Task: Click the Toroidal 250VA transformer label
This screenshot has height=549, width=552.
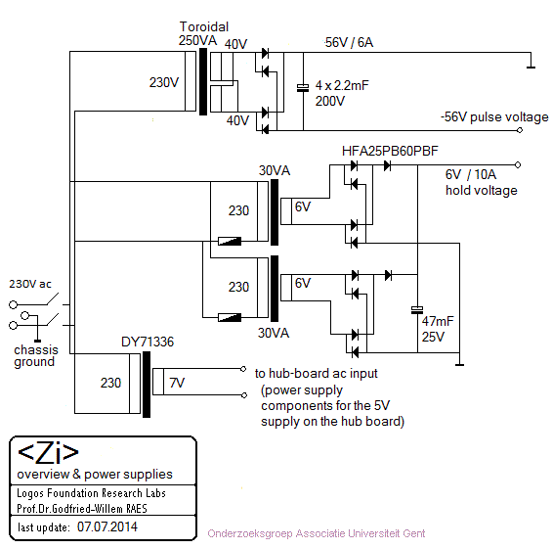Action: pos(203,33)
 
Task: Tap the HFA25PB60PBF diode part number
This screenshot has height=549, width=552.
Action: pos(390,151)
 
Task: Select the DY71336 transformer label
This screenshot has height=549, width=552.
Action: pos(148,342)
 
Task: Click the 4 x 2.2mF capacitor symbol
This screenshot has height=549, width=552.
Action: pos(303,88)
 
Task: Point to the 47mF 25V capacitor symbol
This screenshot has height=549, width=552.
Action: pos(417,310)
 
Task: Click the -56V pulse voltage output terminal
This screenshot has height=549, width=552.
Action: pos(520,130)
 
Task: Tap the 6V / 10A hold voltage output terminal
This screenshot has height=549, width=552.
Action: pos(518,164)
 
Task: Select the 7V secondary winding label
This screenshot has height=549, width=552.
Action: pos(177,383)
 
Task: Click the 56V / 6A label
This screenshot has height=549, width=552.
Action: pos(349,42)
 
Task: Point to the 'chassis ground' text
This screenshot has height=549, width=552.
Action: pos(36,356)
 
